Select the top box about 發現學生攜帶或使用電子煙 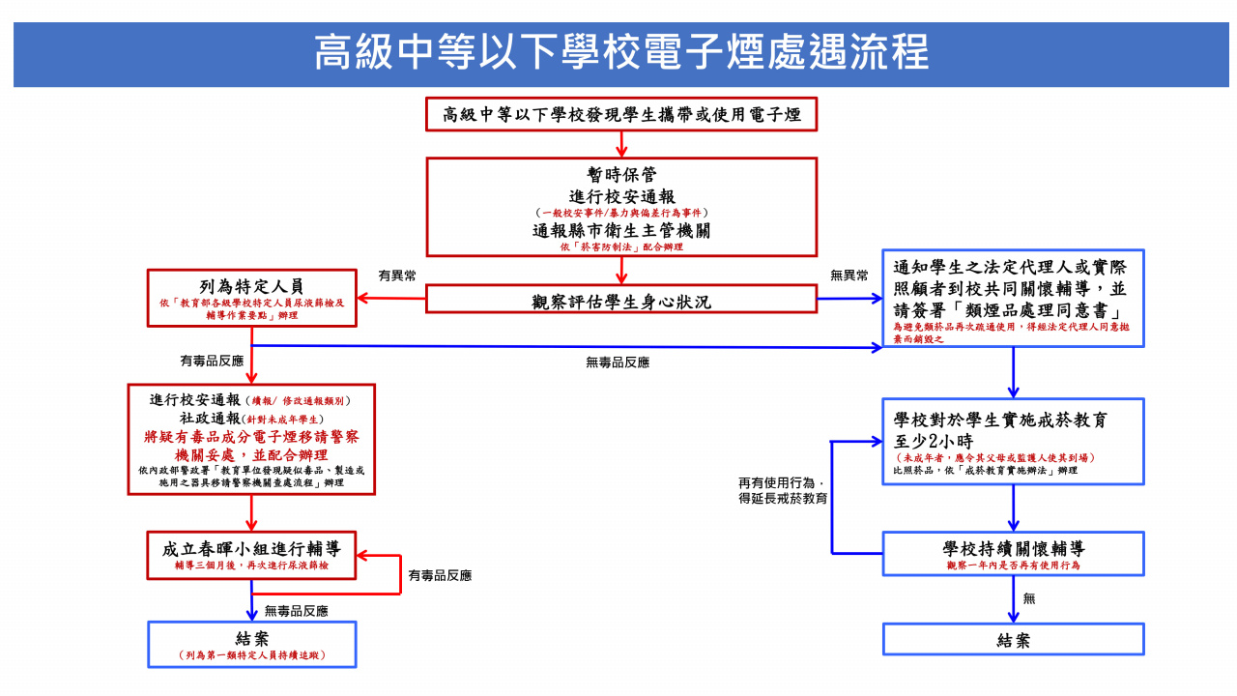click(x=621, y=114)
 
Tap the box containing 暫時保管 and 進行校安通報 click(x=621, y=208)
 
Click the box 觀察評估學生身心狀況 click(x=621, y=301)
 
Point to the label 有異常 click(x=397, y=275)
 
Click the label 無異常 click(x=849, y=275)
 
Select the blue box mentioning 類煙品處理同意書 click(x=1013, y=298)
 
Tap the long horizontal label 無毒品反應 click(x=617, y=362)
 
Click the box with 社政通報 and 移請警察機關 click(x=251, y=440)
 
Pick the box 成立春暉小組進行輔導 click(x=251, y=555)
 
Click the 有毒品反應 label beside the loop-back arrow click(x=440, y=575)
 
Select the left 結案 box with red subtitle click(x=251, y=644)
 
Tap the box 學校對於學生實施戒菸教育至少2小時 click(x=1013, y=442)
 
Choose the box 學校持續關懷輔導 click(x=1013, y=554)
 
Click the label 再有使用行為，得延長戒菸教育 click(x=783, y=491)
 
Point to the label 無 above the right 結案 click(x=1029, y=599)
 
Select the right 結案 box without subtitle click(x=1013, y=639)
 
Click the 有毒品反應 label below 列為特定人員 click(x=212, y=361)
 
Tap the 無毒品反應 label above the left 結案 click(x=296, y=611)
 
